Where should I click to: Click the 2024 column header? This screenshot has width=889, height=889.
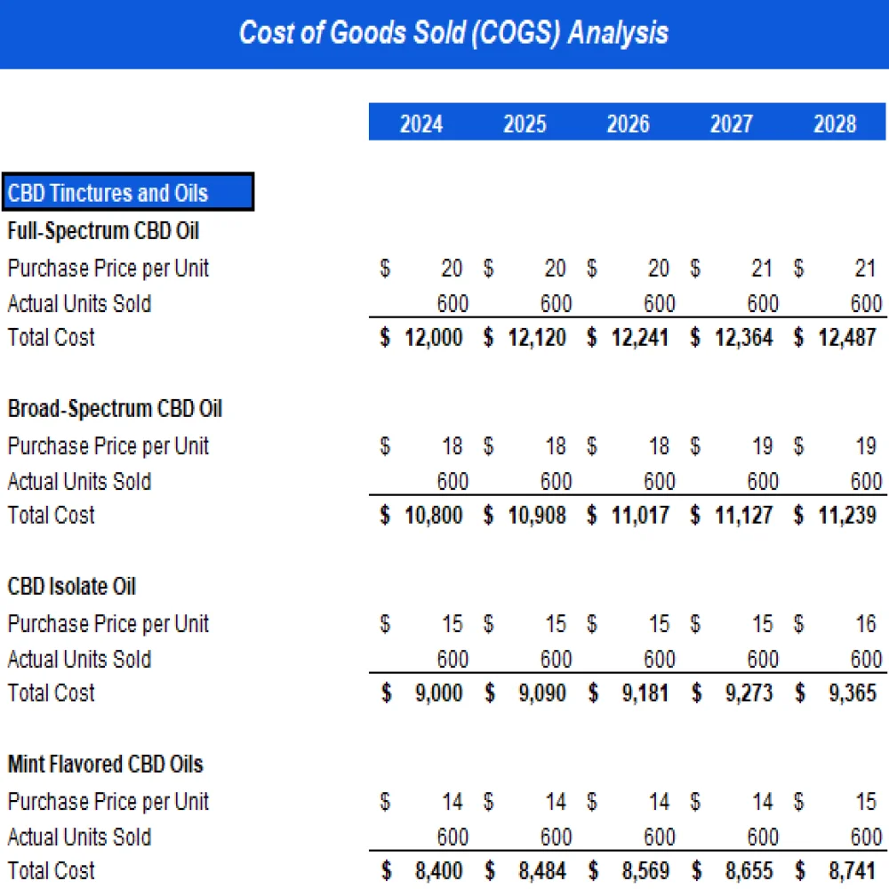pyautogui.click(x=420, y=124)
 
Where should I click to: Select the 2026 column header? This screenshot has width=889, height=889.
pyautogui.click(x=628, y=124)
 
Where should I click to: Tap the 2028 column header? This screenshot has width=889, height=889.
pyautogui.click(x=835, y=124)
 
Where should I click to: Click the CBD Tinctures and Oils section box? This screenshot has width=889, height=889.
pyautogui.click(x=128, y=192)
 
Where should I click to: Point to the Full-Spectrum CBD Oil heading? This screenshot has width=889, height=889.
pyautogui.click(x=103, y=231)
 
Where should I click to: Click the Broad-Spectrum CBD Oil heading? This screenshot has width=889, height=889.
pyautogui.click(x=115, y=409)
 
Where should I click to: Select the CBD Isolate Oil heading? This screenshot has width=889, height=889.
pyautogui.click(x=72, y=587)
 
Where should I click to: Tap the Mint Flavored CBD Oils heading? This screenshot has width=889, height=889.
pyautogui.click(x=105, y=765)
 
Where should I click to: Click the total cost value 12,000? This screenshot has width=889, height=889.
pyautogui.click(x=433, y=338)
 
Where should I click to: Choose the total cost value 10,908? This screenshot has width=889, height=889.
pyautogui.click(x=536, y=516)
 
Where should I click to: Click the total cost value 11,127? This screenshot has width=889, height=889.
pyautogui.click(x=743, y=516)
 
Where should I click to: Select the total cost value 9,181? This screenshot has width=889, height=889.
pyautogui.click(x=646, y=693)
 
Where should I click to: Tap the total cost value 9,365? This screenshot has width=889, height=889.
pyautogui.click(x=853, y=693)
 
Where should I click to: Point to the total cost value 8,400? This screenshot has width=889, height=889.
pyautogui.click(x=439, y=871)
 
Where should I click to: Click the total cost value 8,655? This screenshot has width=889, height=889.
pyautogui.click(x=749, y=871)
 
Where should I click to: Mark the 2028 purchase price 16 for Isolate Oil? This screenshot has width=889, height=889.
pyautogui.click(x=865, y=624)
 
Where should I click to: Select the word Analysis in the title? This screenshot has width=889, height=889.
pyautogui.click(x=618, y=34)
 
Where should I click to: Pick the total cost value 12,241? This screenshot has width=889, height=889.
pyautogui.click(x=640, y=338)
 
